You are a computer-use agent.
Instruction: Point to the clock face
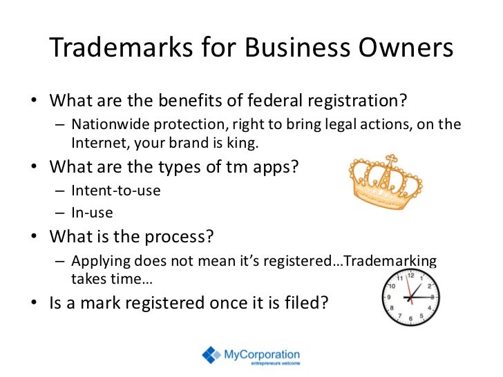coord(410,297)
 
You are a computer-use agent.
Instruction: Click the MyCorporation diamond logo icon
coord(211,355)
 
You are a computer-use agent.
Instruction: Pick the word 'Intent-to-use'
coord(115,190)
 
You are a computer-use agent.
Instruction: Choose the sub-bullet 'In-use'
coord(92,213)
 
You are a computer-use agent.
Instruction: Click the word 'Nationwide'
coord(106,124)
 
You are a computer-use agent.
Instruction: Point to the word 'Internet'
coord(96,144)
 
